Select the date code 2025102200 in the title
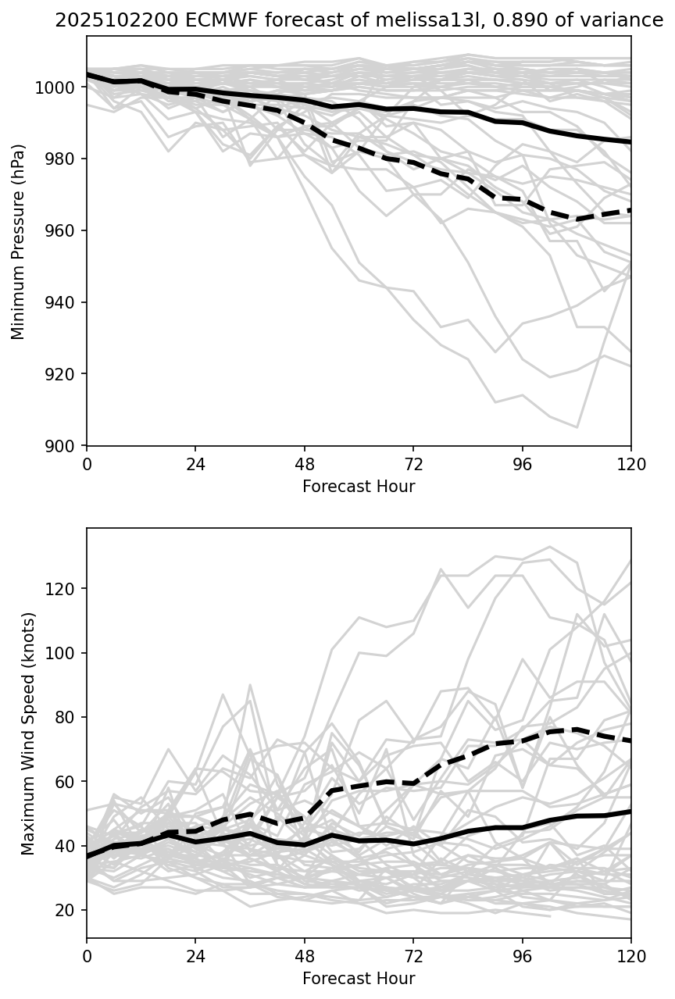tap(101, 20)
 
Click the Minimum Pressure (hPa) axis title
tap(19, 241)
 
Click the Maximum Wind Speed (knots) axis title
tap(28, 733)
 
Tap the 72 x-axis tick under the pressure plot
tap(413, 464)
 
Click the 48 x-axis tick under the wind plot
tap(305, 956)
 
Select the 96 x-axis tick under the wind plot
tap(522, 956)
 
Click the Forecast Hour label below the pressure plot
tap(359, 487)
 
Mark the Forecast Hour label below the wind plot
tap(359, 979)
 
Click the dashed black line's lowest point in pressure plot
tap(577, 219)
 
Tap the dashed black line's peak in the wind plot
tap(577, 730)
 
